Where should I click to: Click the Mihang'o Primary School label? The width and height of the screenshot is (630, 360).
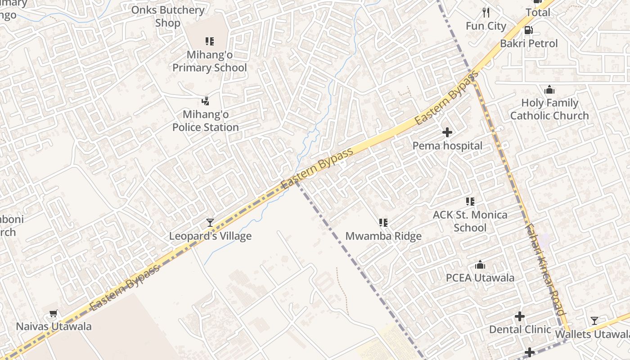click(x=210, y=61)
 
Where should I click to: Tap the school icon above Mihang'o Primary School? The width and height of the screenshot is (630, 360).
click(x=210, y=41)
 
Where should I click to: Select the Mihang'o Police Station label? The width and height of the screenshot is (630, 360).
click(x=206, y=121)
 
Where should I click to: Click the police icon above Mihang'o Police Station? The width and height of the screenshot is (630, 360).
click(x=206, y=101)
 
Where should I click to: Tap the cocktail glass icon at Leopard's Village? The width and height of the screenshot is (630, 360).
click(x=210, y=222)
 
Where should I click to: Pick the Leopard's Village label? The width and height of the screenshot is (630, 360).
click(x=210, y=236)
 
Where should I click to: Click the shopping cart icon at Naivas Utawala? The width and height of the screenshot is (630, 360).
click(x=54, y=313)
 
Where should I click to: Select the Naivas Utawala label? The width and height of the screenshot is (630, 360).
click(x=54, y=326)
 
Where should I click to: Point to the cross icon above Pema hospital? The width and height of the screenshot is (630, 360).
click(x=447, y=132)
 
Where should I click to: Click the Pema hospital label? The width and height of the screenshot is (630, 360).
click(x=447, y=146)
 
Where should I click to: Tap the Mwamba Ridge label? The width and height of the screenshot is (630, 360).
click(x=383, y=236)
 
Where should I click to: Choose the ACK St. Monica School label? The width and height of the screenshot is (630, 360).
click(x=470, y=221)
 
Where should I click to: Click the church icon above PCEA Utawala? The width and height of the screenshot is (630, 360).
click(x=480, y=265)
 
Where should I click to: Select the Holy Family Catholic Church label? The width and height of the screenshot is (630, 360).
click(x=549, y=109)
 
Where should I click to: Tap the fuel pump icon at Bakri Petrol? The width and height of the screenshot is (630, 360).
click(x=529, y=30)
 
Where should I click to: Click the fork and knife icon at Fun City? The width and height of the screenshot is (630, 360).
click(x=486, y=12)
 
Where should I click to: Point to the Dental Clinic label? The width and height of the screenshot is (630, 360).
click(x=520, y=329)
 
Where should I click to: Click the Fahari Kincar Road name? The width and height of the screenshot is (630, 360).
click(x=545, y=270)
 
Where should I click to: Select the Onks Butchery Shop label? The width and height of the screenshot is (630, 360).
click(x=168, y=16)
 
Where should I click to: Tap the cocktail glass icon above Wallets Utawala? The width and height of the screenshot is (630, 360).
click(x=594, y=321)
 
